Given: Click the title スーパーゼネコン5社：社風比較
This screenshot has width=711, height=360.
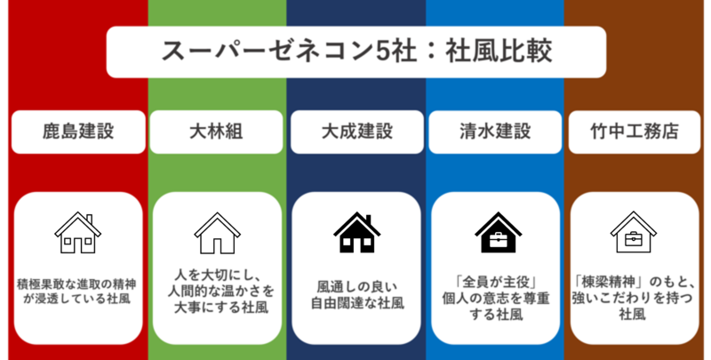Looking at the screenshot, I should click(355, 51).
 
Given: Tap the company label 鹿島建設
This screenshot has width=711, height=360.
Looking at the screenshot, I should click(78, 132).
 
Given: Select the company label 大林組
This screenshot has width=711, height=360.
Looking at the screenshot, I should click(217, 132).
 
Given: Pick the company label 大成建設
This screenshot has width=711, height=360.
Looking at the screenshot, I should click(356, 132).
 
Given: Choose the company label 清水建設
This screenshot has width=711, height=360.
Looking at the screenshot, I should click(494, 132).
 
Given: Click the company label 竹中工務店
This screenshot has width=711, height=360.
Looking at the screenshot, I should click(634, 132).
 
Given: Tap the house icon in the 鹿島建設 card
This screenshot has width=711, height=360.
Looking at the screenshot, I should click(78, 233).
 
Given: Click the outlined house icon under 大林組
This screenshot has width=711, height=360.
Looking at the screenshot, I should click(217, 233).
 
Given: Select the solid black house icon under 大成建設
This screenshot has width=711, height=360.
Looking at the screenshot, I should click(356, 233).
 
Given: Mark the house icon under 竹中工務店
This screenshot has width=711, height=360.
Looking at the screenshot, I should click(634, 233).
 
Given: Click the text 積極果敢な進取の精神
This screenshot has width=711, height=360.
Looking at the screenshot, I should click(78, 284).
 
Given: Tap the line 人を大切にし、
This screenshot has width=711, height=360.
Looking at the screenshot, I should click(217, 275).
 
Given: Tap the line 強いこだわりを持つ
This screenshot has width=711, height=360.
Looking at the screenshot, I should click(634, 295).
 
